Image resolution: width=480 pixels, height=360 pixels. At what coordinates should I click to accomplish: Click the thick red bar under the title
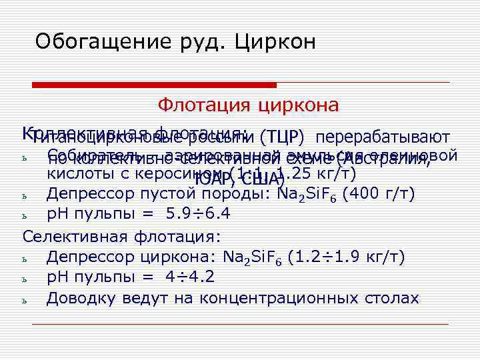click(x=154, y=85)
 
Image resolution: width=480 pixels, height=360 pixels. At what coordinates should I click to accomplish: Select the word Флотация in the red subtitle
click(x=199, y=105)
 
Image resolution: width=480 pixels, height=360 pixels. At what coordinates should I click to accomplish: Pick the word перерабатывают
click(x=383, y=138)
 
